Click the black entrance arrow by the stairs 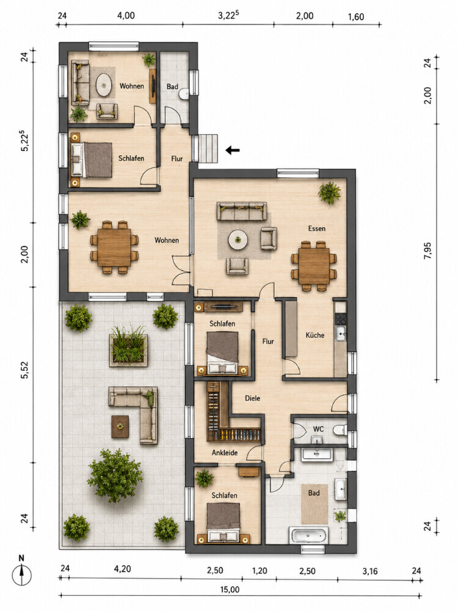point(233,150)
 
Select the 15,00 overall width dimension point(230,589)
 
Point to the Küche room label point(314,335)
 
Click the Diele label point(252,398)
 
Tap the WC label point(318,429)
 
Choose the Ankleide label point(225,453)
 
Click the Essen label point(316,229)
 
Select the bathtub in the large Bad point(308,535)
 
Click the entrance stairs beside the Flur point(208,149)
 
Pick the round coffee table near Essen point(238,240)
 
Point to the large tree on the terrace point(115,475)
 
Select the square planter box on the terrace point(129,350)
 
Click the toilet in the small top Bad point(184,93)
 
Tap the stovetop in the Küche point(340,319)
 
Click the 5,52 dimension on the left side point(24,370)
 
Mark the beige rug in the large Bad point(314,504)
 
